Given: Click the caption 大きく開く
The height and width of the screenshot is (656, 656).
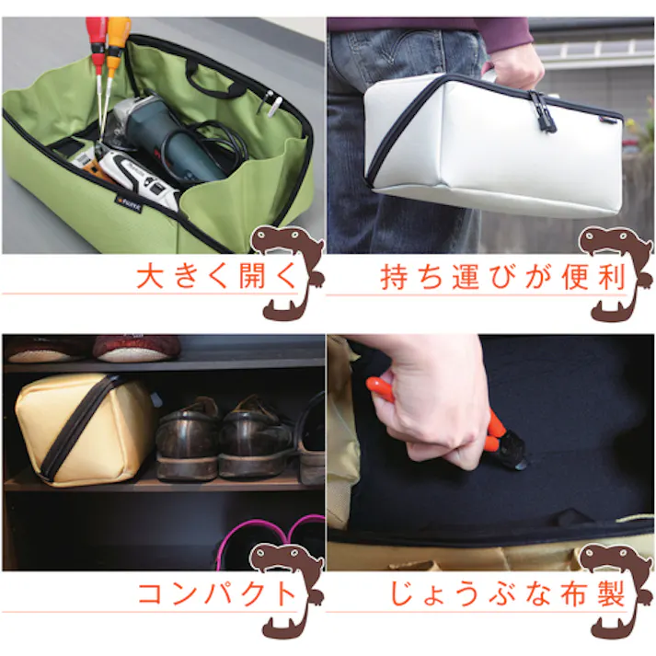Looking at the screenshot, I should pos(218,277).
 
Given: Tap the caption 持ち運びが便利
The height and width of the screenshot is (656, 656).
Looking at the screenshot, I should pos(502,277).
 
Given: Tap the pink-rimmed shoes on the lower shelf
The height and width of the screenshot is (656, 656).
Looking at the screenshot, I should pos(271,543).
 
